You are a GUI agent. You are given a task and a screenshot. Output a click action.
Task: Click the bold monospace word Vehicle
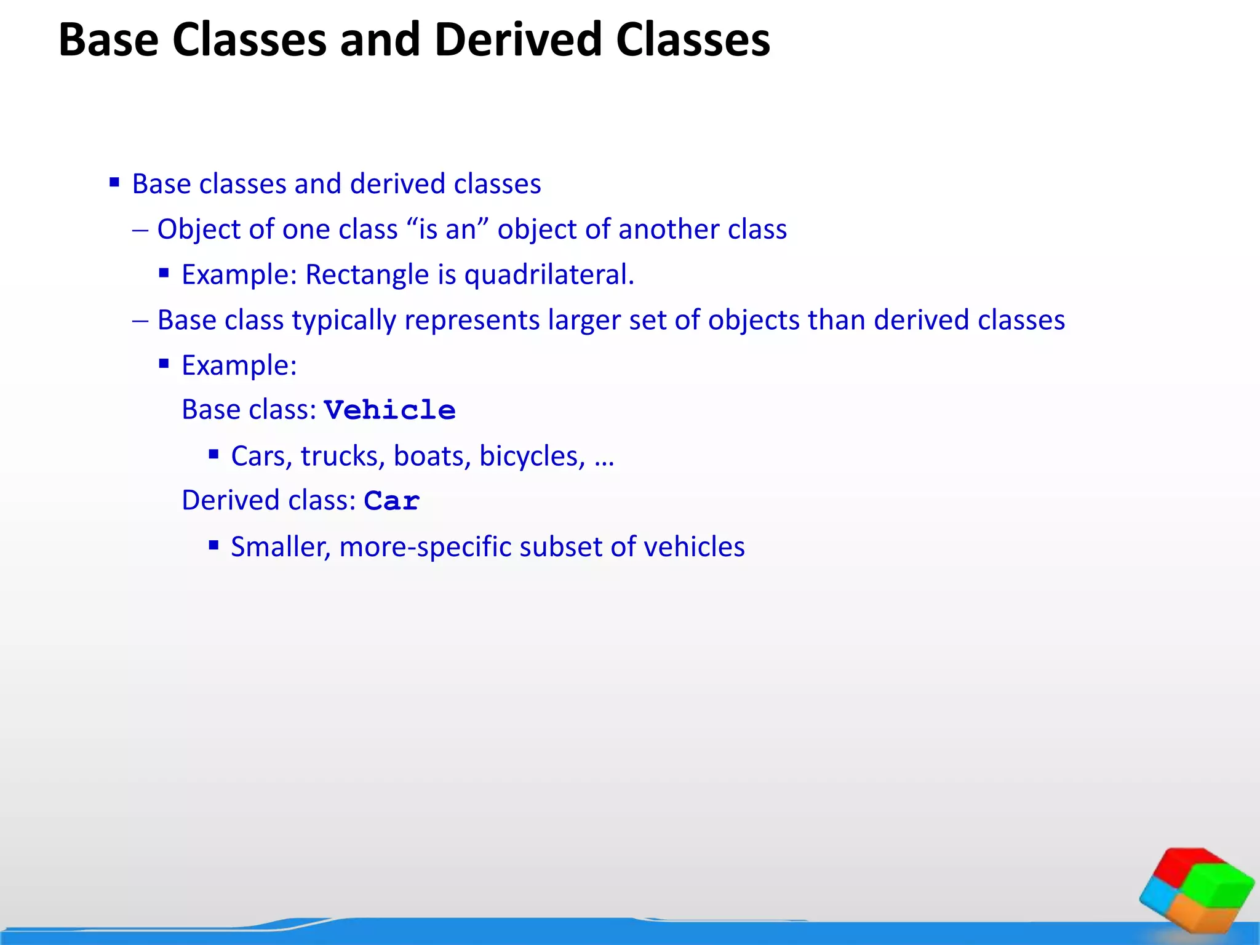[x=390, y=410]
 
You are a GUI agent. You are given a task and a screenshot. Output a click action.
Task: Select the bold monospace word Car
[x=392, y=501]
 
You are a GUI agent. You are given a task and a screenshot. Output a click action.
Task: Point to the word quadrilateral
[x=549, y=274]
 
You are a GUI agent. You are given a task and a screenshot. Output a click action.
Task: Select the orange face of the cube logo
[x=1200, y=913]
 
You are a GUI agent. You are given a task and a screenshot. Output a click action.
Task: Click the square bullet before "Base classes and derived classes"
[x=114, y=182]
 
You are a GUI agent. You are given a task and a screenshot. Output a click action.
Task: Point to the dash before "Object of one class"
[x=140, y=230]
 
